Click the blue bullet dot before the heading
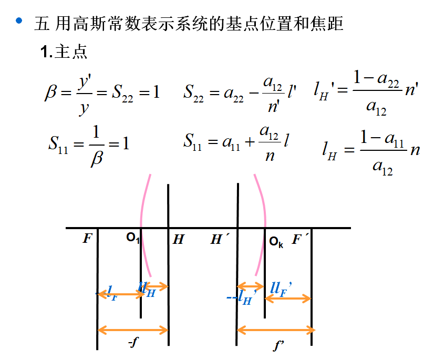click(19, 20)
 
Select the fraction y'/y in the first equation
click(84, 94)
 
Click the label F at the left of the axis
click(87, 240)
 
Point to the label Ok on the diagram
click(276, 242)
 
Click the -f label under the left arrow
click(133, 343)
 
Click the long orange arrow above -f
click(133, 330)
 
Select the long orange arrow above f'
click(276, 330)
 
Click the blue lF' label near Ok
click(281, 287)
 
